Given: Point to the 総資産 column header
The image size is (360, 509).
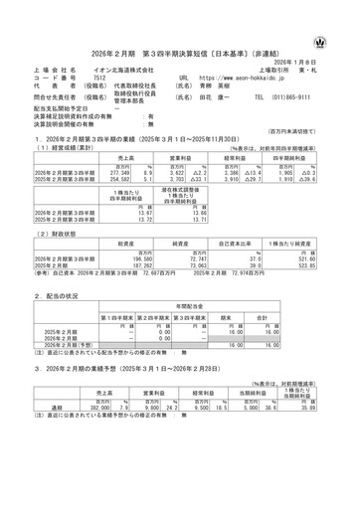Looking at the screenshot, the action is coord(122,243).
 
